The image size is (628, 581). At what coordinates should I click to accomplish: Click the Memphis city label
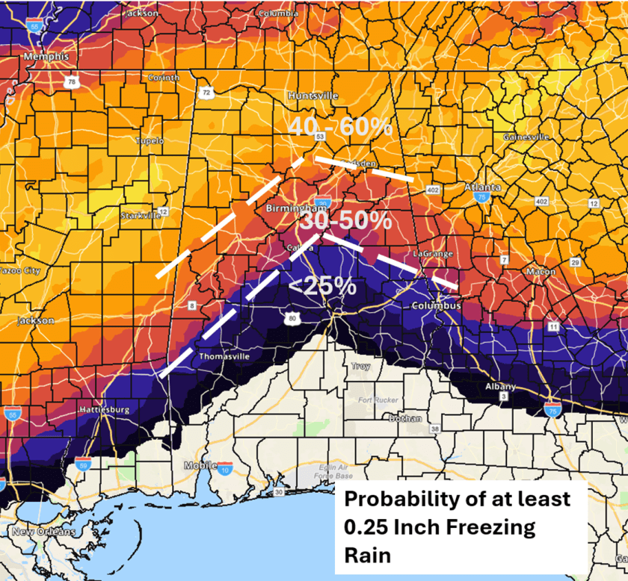(x=46, y=57)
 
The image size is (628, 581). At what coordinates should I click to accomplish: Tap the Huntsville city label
(x=313, y=96)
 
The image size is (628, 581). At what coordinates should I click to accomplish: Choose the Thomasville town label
(x=224, y=357)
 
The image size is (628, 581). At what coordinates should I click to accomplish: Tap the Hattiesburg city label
(x=104, y=410)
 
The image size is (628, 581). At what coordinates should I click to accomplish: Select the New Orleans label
(x=43, y=532)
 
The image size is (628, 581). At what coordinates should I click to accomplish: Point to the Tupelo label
(x=150, y=140)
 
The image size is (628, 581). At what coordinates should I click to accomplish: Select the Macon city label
(x=541, y=272)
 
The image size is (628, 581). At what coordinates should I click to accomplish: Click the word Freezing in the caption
(x=496, y=527)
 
